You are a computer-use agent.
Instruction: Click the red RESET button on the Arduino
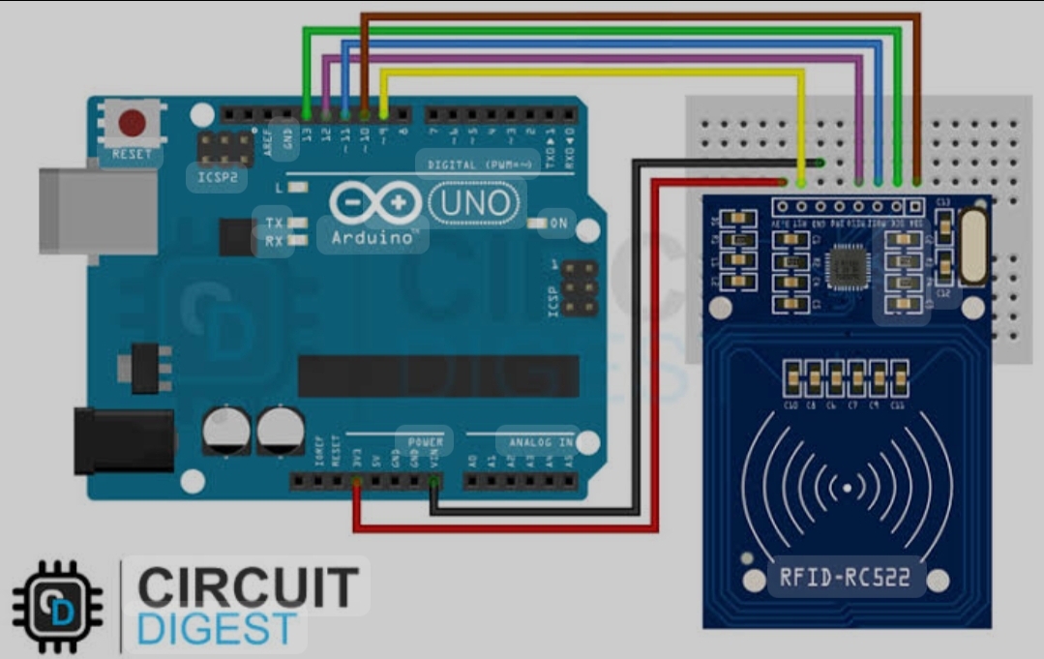[x=132, y=124]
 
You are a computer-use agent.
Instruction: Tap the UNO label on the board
[x=474, y=204]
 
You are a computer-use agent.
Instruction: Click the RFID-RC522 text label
[x=845, y=578]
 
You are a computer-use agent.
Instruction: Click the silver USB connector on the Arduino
[x=98, y=214]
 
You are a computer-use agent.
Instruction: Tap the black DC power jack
[x=123, y=440]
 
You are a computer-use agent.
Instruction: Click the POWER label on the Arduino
[x=425, y=442]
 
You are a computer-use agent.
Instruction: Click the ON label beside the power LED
[x=558, y=224]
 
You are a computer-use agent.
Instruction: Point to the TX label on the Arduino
[x=274, y=224]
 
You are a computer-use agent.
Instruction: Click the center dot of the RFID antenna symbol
[x=847, y=489]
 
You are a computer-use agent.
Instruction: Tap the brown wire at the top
[x=639, y=16]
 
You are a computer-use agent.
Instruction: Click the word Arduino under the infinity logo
[x=373, y=237]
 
